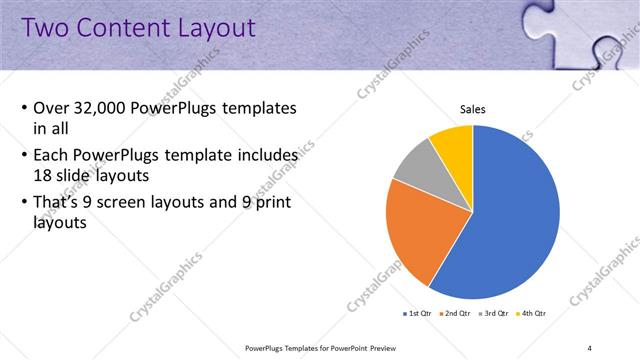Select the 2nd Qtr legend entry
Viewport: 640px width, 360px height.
(x=457, y=314)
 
